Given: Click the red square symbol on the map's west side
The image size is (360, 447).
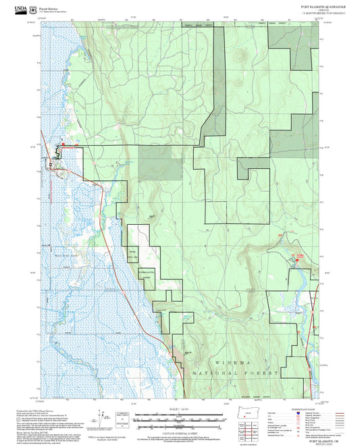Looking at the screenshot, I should (63, 144).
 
